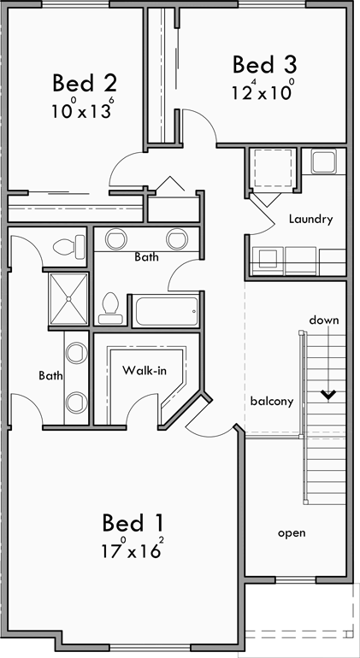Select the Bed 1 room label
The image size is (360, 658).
[x=133, y=522]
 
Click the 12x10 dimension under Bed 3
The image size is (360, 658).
[x=263, y=91]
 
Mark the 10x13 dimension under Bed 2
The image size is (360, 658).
[x=82, y=110]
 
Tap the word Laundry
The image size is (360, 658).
[x=310, y=219]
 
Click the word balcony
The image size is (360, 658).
[x=271, y=401]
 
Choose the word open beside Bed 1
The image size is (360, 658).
[x=291, y=532]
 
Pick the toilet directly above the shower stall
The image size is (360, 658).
[x=68, y=248]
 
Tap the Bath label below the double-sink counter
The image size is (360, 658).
[x=146, y=256]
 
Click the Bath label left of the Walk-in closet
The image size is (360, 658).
[x=49, y=374]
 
